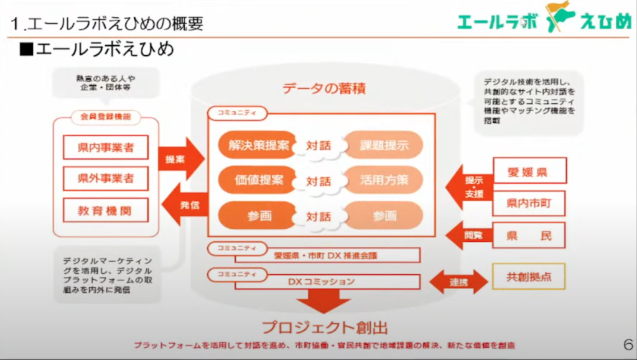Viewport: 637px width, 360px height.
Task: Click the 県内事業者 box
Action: (x=105, y=147)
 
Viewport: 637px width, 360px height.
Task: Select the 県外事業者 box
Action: (x=105, y=179)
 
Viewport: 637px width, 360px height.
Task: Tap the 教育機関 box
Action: (x=105, y=210)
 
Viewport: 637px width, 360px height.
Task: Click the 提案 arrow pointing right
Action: (x=180, y=159)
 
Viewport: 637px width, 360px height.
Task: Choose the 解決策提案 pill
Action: (x=258, y=145)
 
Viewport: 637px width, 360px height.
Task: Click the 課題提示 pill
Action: (x=384, y=145)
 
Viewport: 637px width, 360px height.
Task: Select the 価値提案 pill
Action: (x=258, y=180)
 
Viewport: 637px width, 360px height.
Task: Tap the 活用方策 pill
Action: (x=384, y=180)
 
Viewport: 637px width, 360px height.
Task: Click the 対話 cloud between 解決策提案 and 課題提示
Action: (x=318, y=146)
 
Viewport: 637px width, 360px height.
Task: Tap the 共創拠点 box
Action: (x=528, y=277)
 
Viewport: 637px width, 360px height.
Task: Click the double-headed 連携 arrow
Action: (x=458, y=282)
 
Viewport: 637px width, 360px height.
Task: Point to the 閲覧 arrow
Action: (x=471, y=236)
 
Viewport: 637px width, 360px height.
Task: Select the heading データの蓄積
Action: (x=323, y=88)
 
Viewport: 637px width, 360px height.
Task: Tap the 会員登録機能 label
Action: (x=105, y=116)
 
